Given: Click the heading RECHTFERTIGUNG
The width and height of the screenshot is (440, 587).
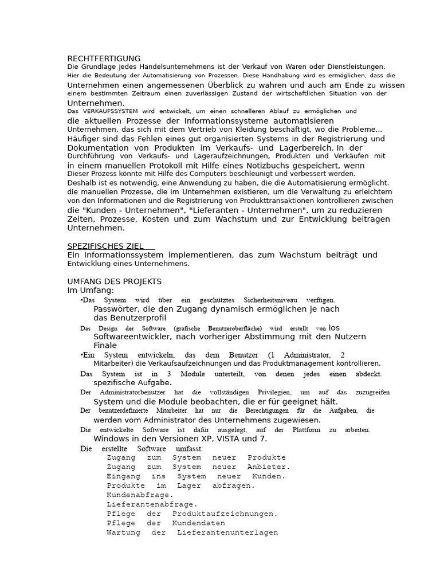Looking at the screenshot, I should pyautogui.click(x=104, y=58).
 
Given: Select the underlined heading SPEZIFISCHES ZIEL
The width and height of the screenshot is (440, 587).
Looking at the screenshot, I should pyautogui.click(x=105, y=246).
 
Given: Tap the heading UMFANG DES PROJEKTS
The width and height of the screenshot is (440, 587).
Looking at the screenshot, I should pyautogui.click(x=115, y=281).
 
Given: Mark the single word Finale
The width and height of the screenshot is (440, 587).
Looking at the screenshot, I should pyautogui.click(x=105, y=346).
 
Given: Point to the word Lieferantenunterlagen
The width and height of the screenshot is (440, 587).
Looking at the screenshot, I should pyautogui.click(x=227, y=533).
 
